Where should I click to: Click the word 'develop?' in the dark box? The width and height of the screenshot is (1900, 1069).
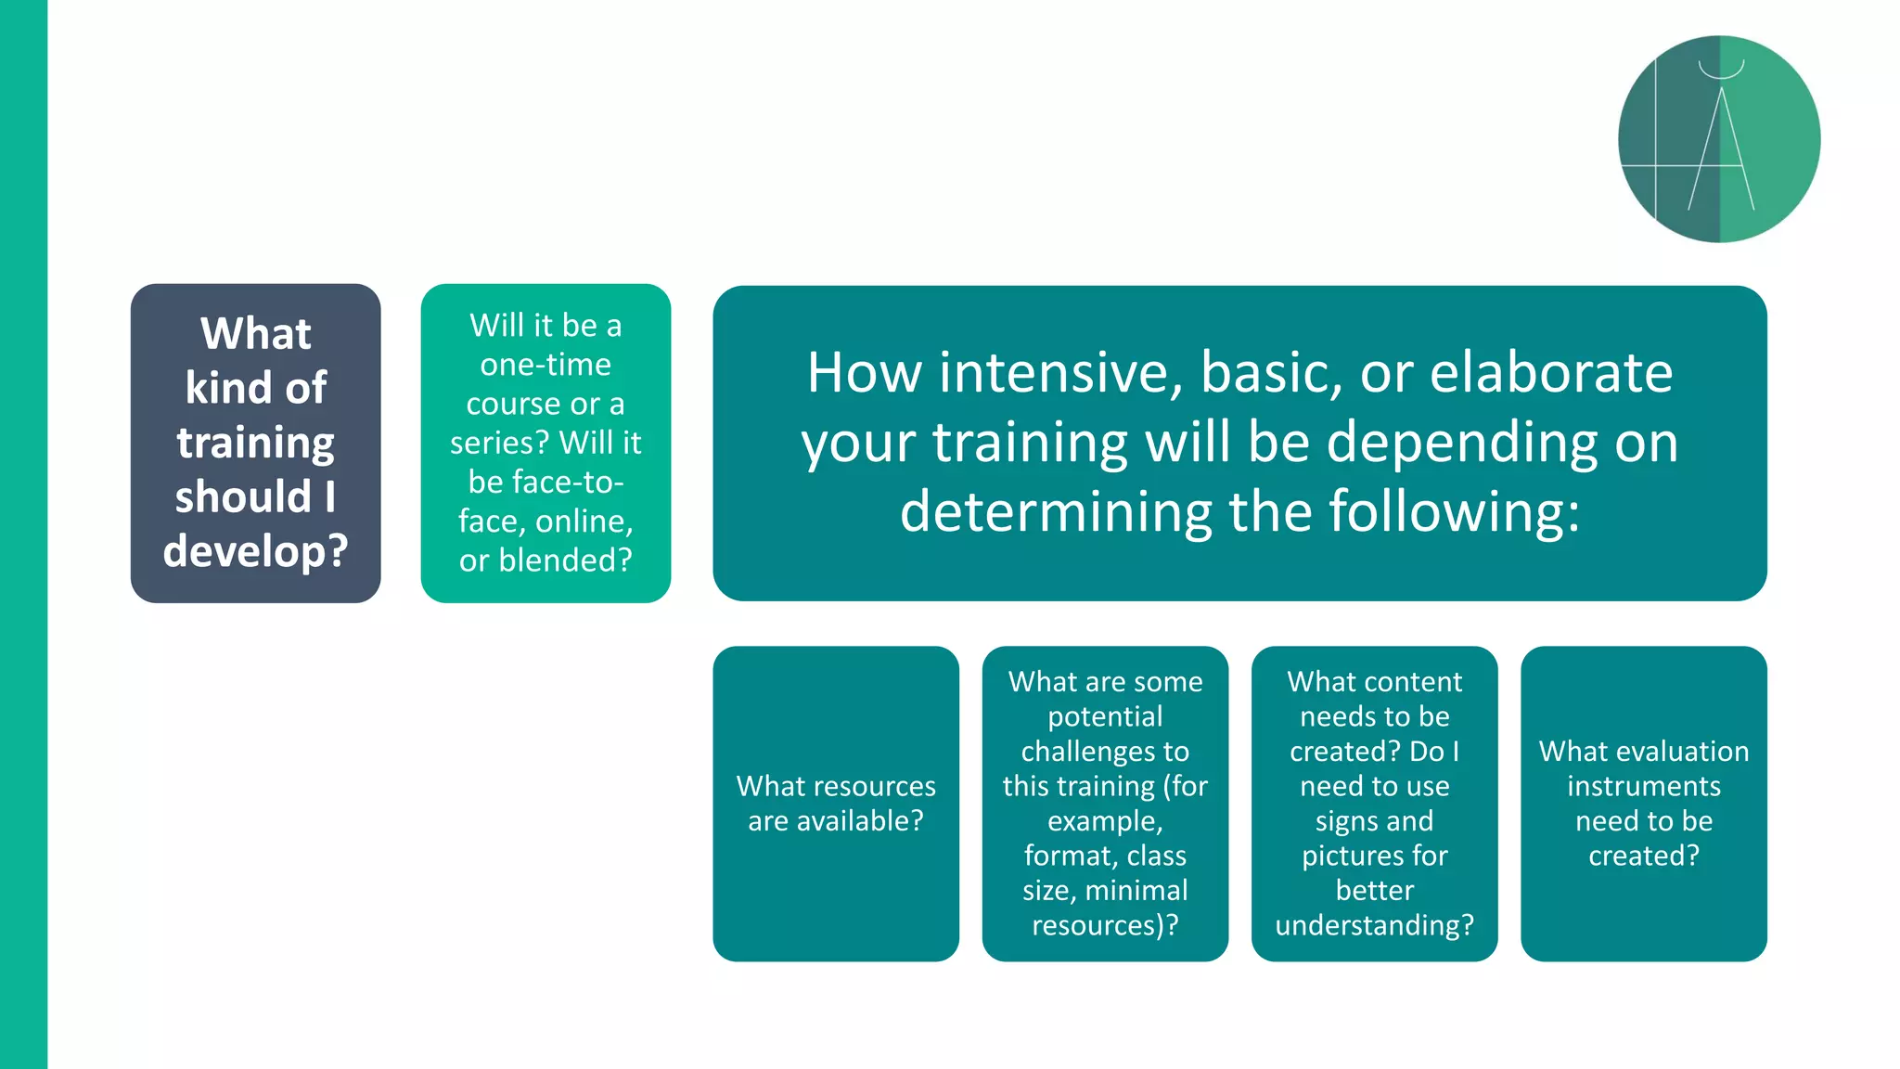pos(255,551)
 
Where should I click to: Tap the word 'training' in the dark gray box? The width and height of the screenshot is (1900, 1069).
pos(255,443)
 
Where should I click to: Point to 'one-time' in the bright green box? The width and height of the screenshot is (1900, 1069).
pos(546,365)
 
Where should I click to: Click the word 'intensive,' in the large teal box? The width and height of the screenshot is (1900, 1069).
pos(1061,373)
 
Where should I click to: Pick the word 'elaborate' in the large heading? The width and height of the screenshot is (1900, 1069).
pos(1551,373)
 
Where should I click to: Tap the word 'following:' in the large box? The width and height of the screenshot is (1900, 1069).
pos(1454,511)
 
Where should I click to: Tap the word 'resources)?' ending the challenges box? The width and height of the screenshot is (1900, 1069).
pos(1105,925)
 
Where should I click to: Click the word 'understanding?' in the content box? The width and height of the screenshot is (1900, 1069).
pos(1374,925)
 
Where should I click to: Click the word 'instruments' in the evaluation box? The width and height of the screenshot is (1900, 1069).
pos(1644,786)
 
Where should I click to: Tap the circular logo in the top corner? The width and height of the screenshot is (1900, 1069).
pos(1719,139)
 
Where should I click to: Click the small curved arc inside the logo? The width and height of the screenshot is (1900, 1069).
pos(1721,71)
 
